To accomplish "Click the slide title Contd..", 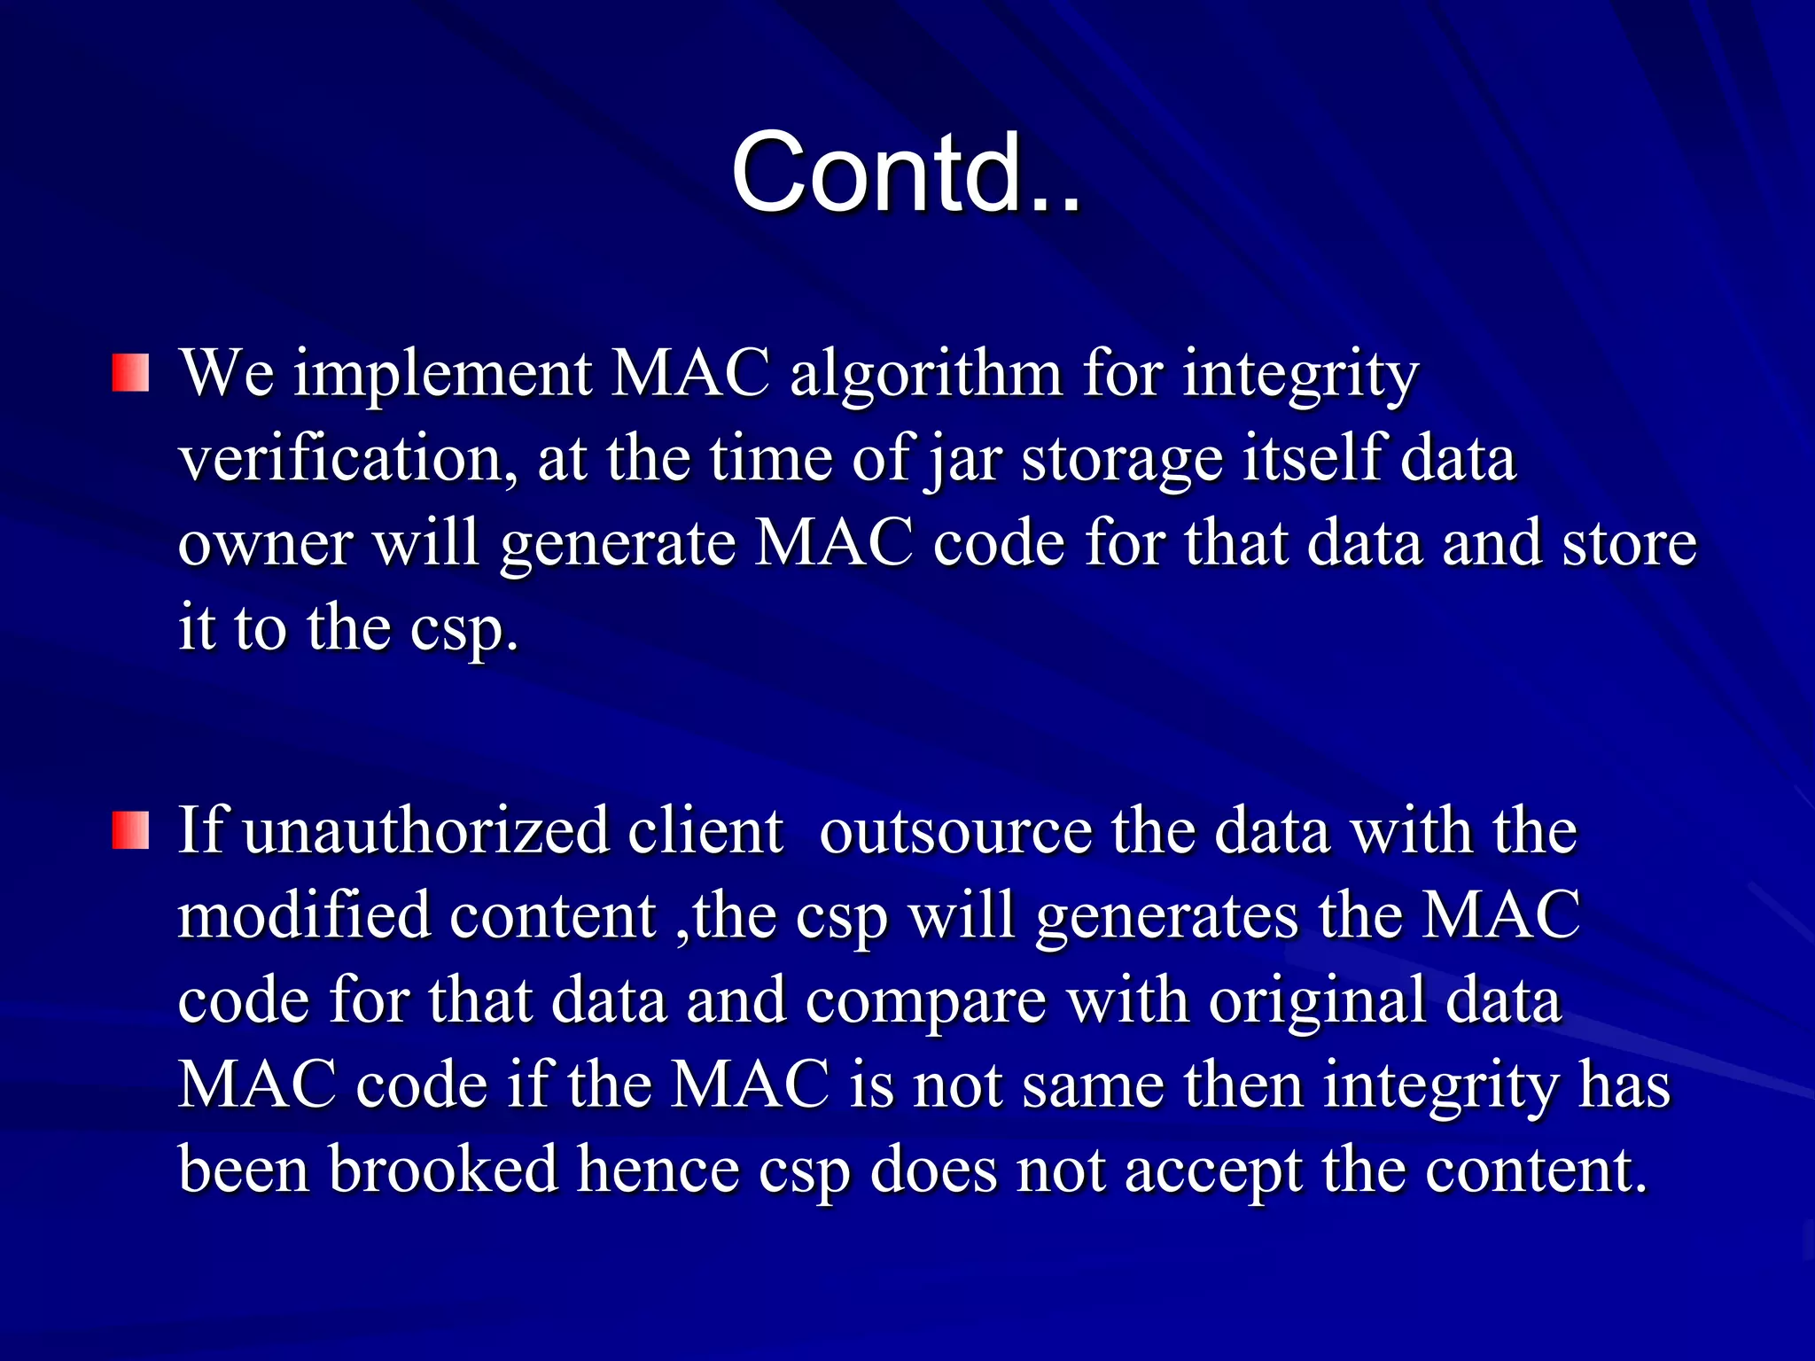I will pyautogui.click(x=905, y=172).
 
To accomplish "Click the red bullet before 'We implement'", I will pyautogui.click(x=130, y=373).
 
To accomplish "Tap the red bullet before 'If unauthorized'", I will pyautogui.click(x=130, y=831).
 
